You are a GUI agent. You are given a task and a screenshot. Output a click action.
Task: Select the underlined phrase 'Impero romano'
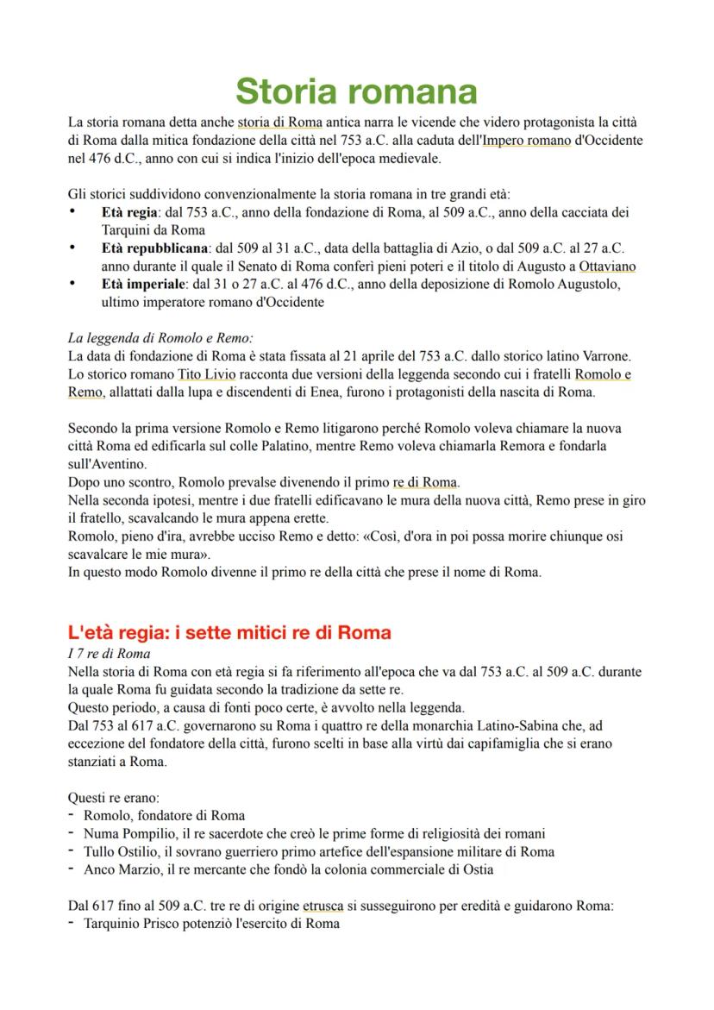coord(526,140)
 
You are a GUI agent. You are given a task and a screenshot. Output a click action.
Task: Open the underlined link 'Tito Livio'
coord(206,374)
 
